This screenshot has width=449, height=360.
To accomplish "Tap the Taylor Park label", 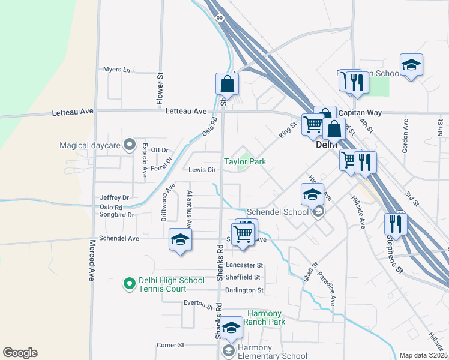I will point(245,161).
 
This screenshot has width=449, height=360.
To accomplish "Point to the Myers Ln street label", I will point(116,70).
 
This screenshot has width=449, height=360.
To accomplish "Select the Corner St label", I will point(170,345).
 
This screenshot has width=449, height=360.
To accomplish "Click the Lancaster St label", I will point(244,265).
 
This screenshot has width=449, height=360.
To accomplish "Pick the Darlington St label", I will point(244,290).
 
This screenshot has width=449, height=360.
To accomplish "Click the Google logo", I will point(20,353).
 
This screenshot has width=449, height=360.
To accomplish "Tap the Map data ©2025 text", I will point(424,355).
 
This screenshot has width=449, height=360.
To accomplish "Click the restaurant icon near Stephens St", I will point(396,223).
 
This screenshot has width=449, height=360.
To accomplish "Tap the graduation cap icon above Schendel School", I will point(312,194).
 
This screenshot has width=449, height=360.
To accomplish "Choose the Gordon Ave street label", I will point(406,136).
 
